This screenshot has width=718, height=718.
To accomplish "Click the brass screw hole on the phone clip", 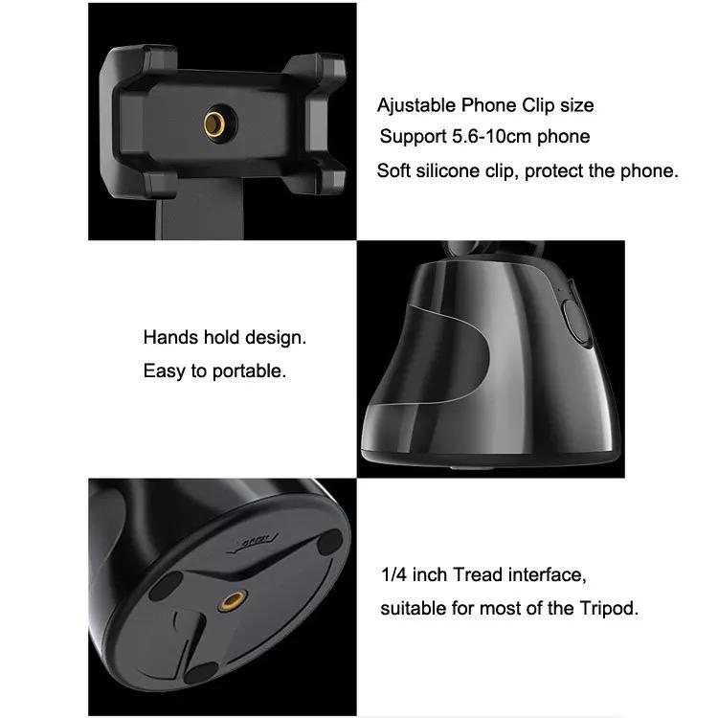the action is (x=214, y=124).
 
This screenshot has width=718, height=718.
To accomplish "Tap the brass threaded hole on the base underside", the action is (x=233, y=600).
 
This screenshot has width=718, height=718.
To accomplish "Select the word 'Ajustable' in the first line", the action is (x=416, y=105).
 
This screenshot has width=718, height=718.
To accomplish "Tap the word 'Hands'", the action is (x=170, y=338).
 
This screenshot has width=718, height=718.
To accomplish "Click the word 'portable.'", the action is (x=249, y=371).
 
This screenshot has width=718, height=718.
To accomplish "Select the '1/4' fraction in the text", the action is (x=394, y=574).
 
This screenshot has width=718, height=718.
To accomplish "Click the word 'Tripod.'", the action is (x=609, y=609).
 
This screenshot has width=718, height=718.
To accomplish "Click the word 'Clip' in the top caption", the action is (x=538, y=105).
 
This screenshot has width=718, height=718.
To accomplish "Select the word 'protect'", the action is (x=554, y=171).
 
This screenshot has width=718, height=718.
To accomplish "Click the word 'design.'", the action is (x=276, y=338).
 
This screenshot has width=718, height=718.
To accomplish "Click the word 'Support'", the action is (x=413, y=137).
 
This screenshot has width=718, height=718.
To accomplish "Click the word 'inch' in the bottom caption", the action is (x=430, y=574).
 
